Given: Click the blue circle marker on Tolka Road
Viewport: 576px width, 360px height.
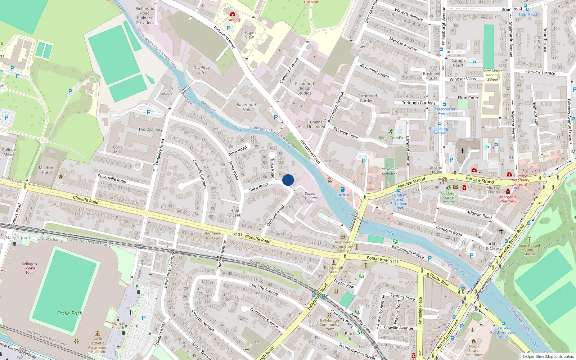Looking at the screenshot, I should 288,180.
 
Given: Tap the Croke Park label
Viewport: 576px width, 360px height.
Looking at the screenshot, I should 69,313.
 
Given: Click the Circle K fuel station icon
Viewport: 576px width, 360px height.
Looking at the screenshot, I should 343,189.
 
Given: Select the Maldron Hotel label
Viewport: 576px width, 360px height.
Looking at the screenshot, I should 47,170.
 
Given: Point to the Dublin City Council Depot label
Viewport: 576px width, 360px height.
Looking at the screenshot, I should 310,198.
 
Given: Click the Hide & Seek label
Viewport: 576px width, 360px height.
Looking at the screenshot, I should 235,213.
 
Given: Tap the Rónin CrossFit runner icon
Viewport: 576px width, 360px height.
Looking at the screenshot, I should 391,132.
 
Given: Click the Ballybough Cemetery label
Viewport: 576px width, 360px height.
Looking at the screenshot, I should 389,171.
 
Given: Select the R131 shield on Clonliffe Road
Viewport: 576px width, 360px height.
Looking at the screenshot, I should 238,234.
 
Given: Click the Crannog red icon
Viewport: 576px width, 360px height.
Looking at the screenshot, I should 233,14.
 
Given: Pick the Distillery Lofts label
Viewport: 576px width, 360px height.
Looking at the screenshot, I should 202,70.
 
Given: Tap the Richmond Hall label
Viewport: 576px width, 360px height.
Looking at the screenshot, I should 246,107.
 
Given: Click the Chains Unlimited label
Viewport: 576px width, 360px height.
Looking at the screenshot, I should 316,124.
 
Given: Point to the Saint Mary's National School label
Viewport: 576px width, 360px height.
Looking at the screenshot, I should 492,75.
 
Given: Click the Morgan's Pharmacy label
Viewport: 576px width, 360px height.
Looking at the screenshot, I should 508,199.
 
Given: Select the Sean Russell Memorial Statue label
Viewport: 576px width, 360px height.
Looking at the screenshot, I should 529,249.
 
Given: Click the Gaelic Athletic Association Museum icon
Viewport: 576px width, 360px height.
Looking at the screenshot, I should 98,333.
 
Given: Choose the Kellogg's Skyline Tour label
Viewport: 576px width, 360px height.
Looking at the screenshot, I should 29,268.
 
